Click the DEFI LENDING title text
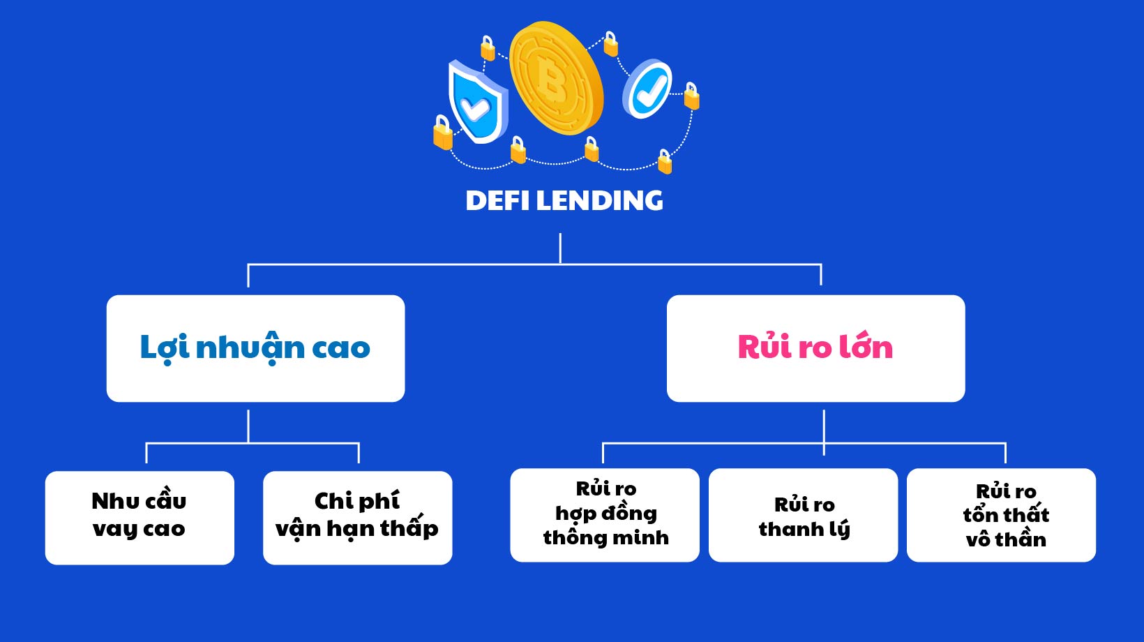click(564, 201)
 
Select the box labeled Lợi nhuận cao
click(255, 348)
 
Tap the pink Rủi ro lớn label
click(815, 348)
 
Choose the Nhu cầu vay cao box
click(140, 517)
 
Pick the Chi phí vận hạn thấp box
click(357, 517)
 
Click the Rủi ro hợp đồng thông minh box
click(605, 514)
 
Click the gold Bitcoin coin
click(556, 77)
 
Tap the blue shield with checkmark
click(476, 103)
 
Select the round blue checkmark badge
click(648, 89)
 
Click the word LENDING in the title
click(599, 201)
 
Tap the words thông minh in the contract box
click(605, 538)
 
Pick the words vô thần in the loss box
click(1006, 540)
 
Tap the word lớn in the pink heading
click(866, 348)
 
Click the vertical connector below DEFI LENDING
click(560, 248)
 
